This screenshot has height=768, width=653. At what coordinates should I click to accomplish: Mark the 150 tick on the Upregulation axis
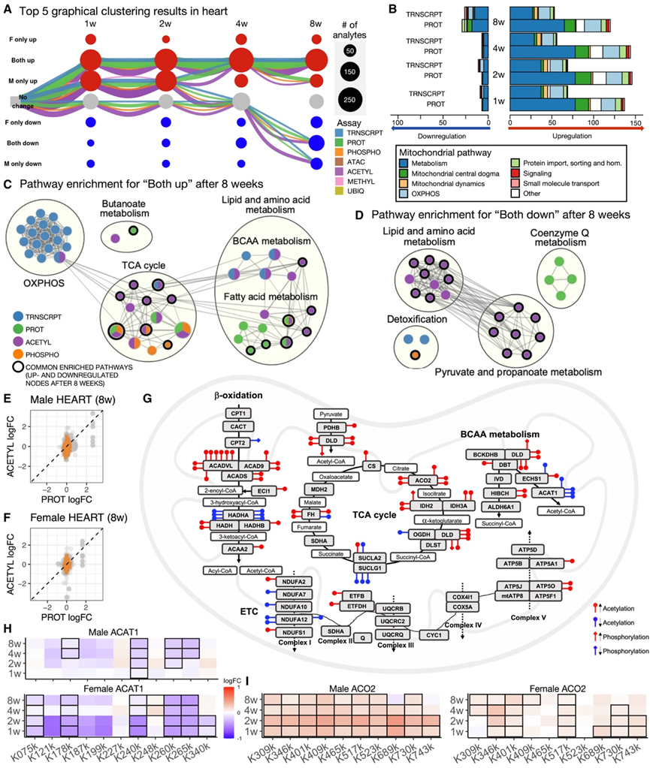636,121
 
